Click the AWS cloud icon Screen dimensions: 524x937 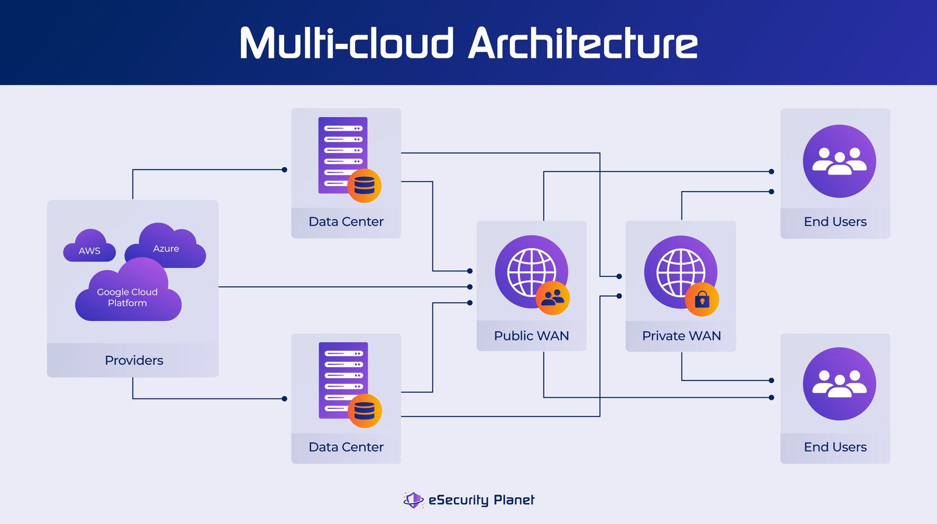pos(89,246)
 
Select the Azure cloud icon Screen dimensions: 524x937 pos(165,246)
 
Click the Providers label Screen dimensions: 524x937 pos(134,360)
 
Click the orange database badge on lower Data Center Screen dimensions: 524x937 pos(365,411)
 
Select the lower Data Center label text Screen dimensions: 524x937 pos(346,447)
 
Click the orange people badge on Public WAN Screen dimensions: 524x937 pos(553,298)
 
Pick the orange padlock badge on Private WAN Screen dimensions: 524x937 pos(702,299)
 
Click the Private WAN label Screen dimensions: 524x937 pos(681,336)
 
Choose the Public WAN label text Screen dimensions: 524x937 pos(531,336)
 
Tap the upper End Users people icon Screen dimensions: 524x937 pos(839,161)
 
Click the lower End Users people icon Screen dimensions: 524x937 pos(839,384)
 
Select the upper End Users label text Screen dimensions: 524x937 pos(835,221)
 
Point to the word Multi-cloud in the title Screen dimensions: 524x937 pos(346,43)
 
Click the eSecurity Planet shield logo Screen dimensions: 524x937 pos(413,500)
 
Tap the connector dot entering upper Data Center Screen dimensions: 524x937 pos(284,170)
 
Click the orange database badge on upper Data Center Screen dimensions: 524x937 pos(364,185)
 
